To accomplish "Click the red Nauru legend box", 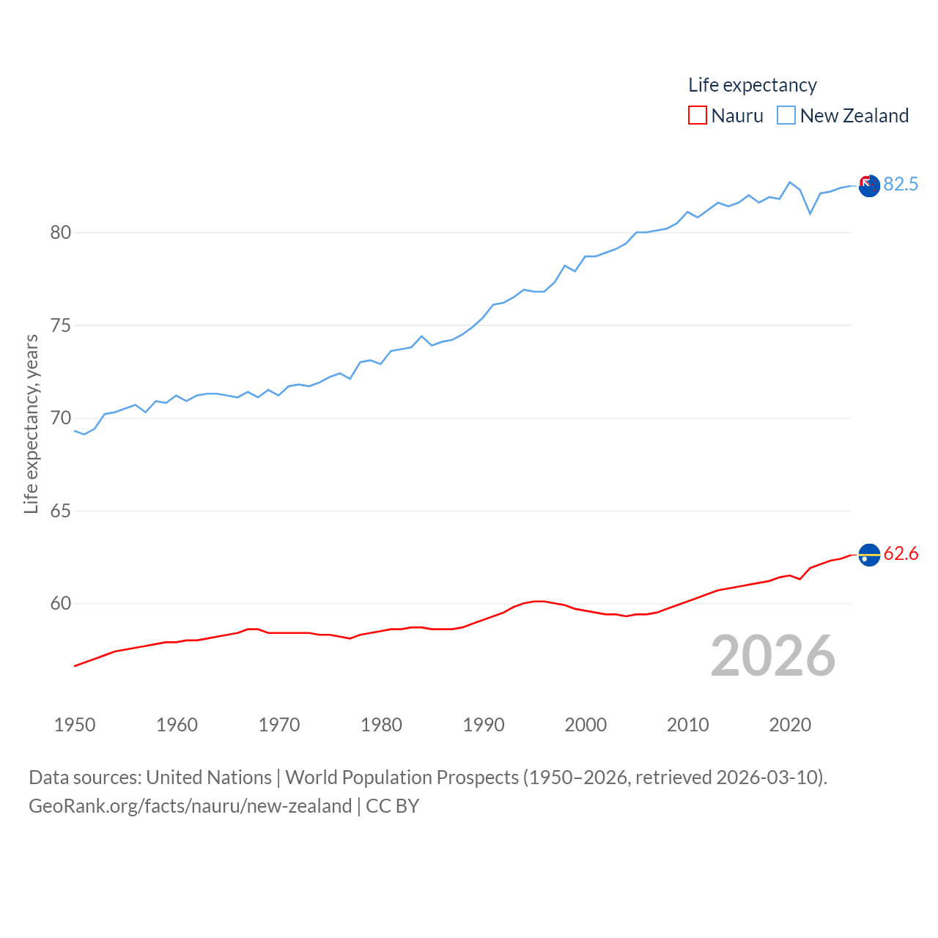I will [697, 116].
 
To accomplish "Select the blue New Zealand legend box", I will [786, 116].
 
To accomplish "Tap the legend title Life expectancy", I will [752, 85].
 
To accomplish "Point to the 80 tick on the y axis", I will [61, 233].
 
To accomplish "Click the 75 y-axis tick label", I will [61, 325].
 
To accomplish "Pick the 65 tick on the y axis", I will [61, 511].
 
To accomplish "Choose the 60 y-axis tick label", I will [61, 604].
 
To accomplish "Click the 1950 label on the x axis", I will [75, 725].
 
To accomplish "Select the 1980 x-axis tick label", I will [381, 725].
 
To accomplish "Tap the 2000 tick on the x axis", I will [586, 725].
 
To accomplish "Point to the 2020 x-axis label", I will [790, 725].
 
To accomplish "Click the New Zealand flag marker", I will [869, 186].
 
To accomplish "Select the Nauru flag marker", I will [869, 555].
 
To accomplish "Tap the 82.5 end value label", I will [901, 184].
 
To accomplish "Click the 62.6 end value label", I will [901, 553].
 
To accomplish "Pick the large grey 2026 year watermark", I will [772, 656].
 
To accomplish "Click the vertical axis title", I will [31, 424].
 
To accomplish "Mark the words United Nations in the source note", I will [209, 778].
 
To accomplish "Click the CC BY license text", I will [392, 806].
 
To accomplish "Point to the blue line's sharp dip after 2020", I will [810, 213].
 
